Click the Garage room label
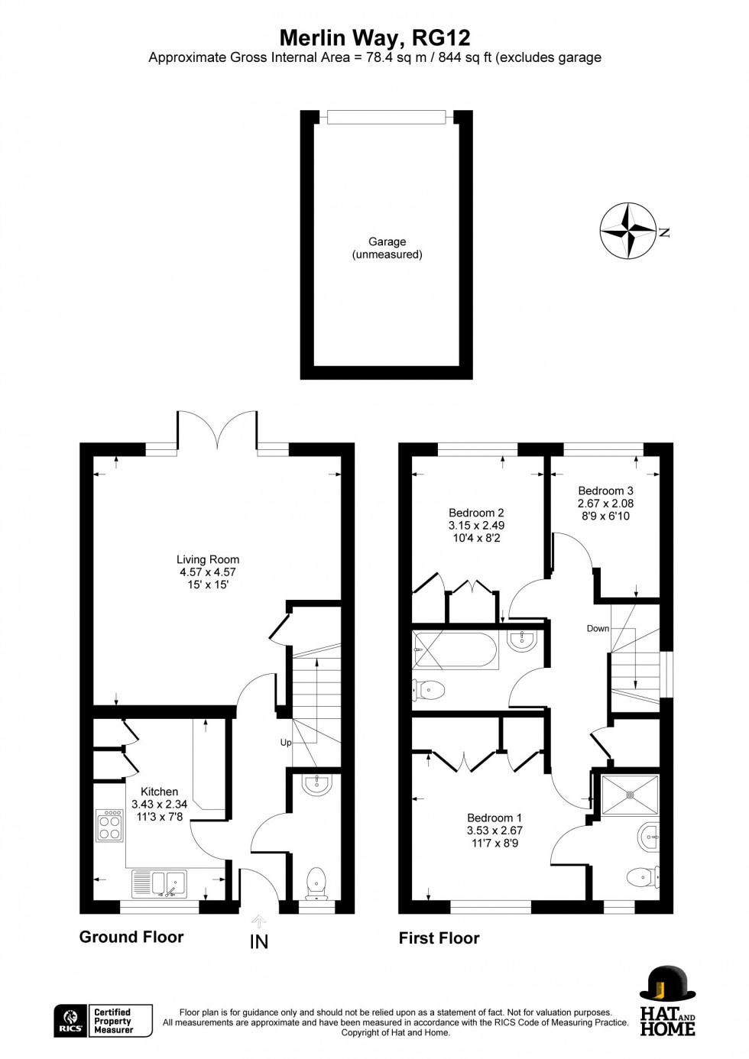[387, 248]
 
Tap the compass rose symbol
[628, 230]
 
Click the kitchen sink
[159, 883]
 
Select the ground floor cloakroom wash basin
[315, 785]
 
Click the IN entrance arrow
[259, 934]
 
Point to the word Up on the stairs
[286, 742]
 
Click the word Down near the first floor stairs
[598, 628]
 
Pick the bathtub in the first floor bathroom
[456, 651]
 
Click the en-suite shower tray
[630, 795]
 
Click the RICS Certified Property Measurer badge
[103, 1021]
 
